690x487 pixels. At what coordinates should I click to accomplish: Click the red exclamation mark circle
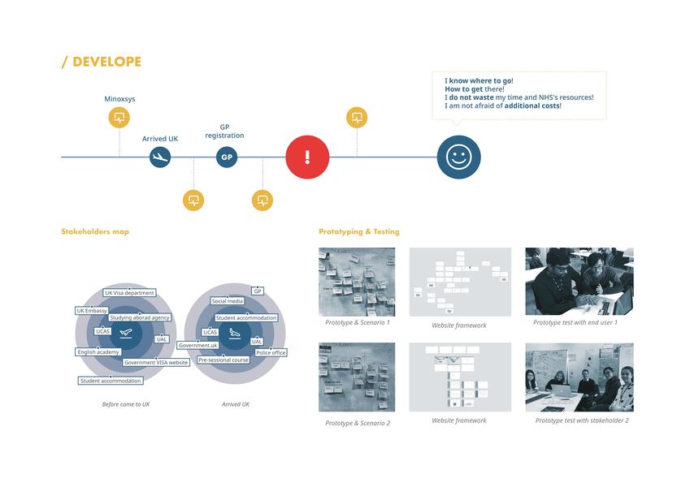tap(307, 157)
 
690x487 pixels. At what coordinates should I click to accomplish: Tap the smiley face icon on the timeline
tap(458, 157)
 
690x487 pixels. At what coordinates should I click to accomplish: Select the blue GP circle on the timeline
tap(227, 157)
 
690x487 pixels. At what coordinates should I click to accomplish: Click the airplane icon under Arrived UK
tap(160, 157)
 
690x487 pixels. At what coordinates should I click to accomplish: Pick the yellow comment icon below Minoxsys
tap(119, 118)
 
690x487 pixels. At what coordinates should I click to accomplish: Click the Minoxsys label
tap(119, 99)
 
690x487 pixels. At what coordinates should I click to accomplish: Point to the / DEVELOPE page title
tap(102, 62)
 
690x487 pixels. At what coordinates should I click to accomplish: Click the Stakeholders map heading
tap(95, 232)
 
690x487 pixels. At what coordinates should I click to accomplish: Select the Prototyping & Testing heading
tap(359, 232)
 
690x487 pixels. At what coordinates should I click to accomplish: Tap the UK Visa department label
tap(129, 293)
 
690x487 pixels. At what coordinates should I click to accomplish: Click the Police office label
tap(271, 353)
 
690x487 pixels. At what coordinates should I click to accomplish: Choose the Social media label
tap(228, 301)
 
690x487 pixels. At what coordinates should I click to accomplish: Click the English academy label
tap(98, 352)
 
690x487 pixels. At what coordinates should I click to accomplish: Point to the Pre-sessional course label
tap(223, 360)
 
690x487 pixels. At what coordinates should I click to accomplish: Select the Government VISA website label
tap(157, 363)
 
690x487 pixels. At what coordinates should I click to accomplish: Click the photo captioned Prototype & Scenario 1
tap(357, 282)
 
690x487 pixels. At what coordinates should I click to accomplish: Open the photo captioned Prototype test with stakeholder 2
tap(579, 377)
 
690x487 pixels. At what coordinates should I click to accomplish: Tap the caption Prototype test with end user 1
tap(575, 323)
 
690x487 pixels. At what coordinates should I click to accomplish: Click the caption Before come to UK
tap(126, 404)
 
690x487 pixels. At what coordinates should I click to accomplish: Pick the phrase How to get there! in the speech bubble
tap(475, 89)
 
